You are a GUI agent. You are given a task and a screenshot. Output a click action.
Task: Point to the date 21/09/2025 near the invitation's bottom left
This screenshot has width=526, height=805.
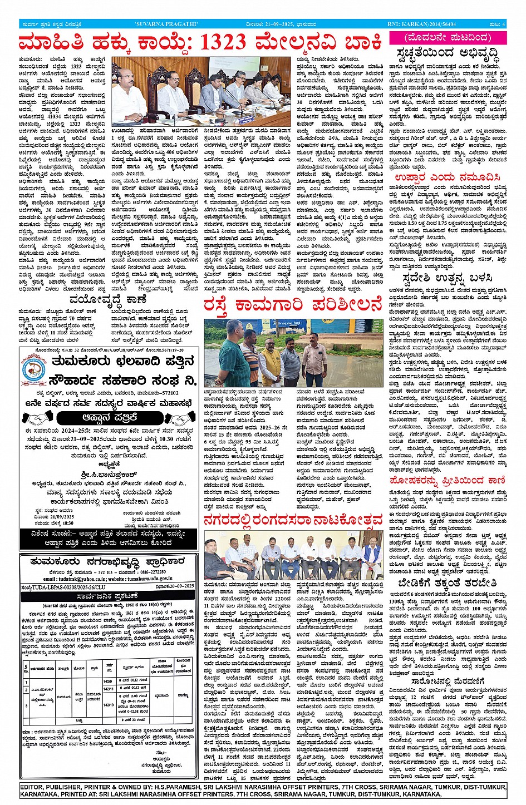[46, 517]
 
